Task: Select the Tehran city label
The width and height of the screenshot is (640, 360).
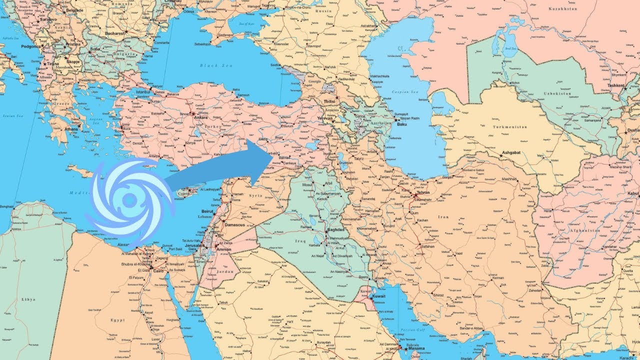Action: [422, 192]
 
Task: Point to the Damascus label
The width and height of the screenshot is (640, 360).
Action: [234, 225]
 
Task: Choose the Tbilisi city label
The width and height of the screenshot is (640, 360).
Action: [329, 101]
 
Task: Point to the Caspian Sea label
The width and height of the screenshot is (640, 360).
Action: [405, 92]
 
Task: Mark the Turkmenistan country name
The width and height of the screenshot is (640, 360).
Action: [510, 127]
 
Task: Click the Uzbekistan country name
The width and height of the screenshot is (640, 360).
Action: [557, 93]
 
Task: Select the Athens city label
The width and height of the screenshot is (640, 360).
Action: [71, 129]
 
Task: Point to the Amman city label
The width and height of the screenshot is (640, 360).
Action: [224, 249]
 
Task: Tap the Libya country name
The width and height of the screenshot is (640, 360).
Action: [28, 299]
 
